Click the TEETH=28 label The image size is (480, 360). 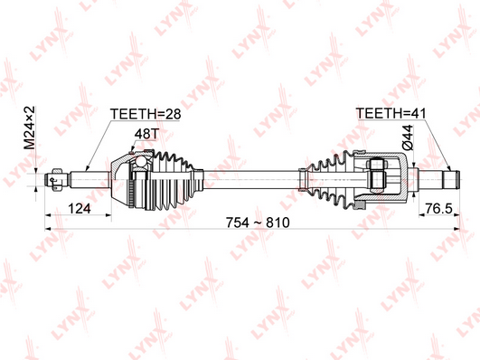point(146,114)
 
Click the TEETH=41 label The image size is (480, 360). point(391,113)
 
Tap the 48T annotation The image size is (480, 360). point(147,134)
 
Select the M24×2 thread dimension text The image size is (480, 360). point(30,128)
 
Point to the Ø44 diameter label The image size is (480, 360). point(408,137)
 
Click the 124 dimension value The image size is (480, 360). point(80,209)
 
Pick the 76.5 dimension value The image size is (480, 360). point(438,209)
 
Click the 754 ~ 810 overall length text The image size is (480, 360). point(258,223)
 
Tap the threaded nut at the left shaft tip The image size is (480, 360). point(57,180)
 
